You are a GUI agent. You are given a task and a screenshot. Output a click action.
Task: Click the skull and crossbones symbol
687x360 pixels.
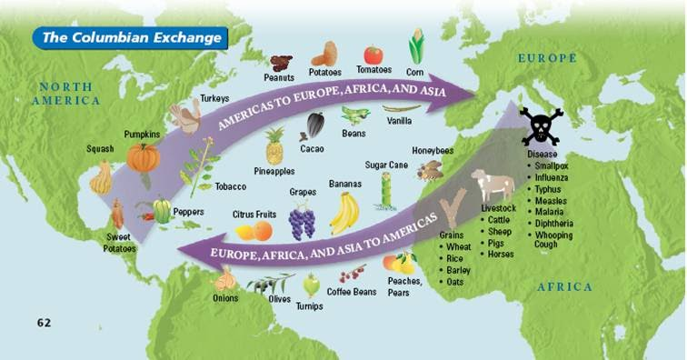coord(541,125)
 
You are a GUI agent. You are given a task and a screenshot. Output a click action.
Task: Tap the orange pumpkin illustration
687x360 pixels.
coord(143,157)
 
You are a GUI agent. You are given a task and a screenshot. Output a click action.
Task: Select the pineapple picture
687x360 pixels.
coord(274,146)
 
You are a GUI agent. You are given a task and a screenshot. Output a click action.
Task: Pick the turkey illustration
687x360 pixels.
coord(188,116)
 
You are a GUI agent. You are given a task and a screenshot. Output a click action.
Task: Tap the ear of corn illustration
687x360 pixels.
coord(417,45)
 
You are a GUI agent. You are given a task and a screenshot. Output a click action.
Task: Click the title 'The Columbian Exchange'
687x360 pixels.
coord(133,38)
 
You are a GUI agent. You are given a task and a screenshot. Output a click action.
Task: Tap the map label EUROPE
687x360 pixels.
coord(547,58)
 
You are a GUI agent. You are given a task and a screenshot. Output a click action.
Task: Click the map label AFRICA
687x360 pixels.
coord(563,287)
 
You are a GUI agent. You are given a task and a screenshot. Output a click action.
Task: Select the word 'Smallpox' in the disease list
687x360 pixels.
coord(555,166)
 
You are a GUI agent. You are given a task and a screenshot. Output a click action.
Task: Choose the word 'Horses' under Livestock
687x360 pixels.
coord(501,254)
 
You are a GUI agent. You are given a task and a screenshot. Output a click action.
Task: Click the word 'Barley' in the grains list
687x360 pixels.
coord(459,270)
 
